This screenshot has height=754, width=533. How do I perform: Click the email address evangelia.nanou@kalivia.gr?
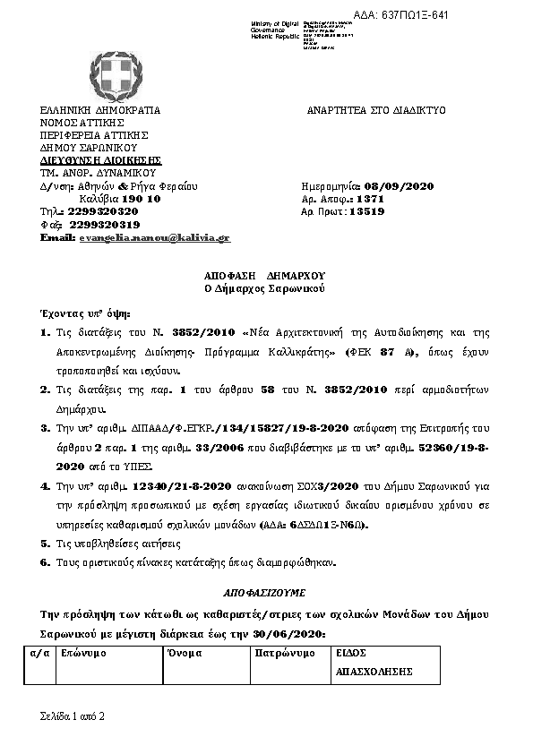(x=154, y=237)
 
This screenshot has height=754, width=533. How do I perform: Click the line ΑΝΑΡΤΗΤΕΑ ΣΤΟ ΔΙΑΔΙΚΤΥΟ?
(x=376, y=110)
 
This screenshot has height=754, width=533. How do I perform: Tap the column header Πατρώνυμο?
(x=286, y=654)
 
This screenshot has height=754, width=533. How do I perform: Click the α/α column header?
(x=38, y=654)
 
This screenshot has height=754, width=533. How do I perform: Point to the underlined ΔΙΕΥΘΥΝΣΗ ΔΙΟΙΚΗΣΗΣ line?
(x=88, y=160)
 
